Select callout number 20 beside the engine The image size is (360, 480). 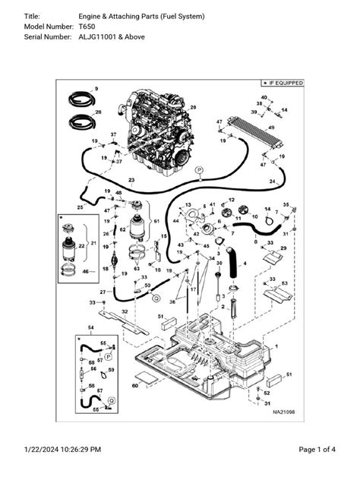pyautogui.click(x=193, y=108)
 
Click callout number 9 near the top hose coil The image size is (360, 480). pyautogui.click(x=96, y=90)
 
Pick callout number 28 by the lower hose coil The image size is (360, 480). pyautogui.click(x=98, y=112)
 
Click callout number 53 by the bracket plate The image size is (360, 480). pyautogui.click(x=284, y=283)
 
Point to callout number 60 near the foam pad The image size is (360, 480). pyautogui.click(x=134, y=386)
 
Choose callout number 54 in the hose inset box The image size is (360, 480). pyautogui.click(x=91, y=327)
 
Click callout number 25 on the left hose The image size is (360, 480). pyautogui.click(x=81, y=207)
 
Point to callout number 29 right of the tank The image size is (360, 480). pyautogui.click(x=284, y=248)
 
